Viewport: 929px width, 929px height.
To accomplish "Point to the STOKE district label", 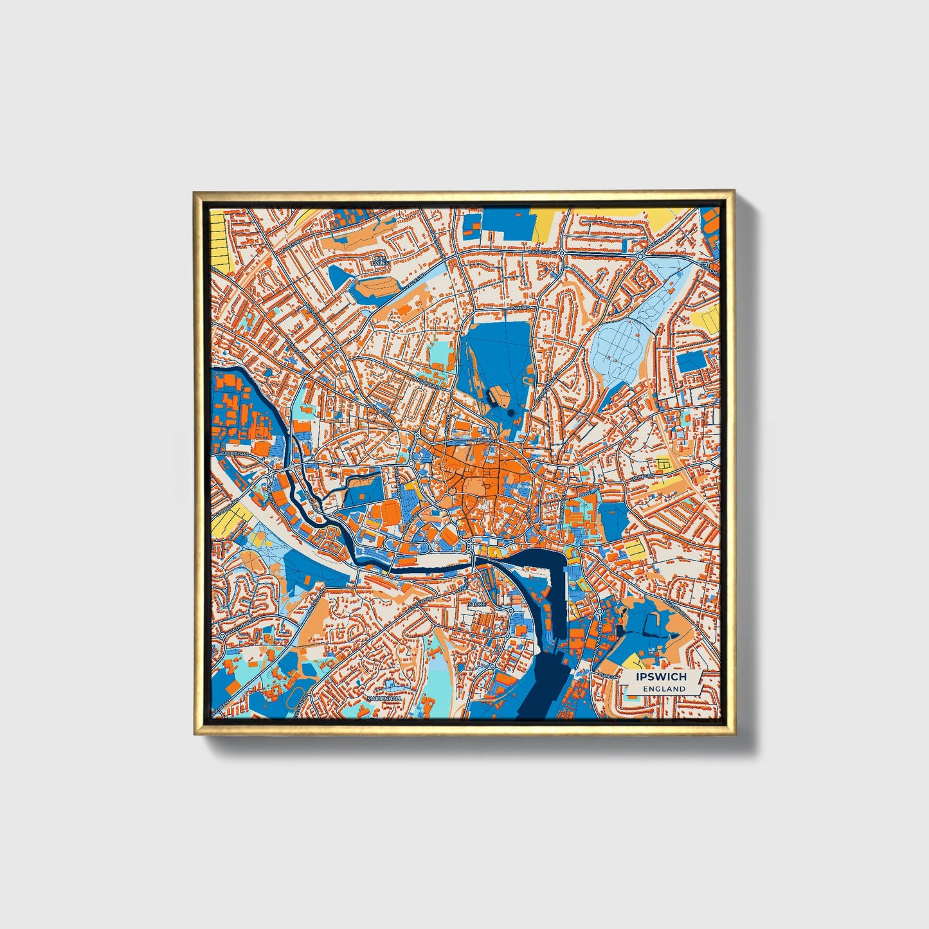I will pos(477,605).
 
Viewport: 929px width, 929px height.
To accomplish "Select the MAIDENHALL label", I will pos(384,698).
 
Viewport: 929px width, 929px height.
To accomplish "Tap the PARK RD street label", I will pos(518,309).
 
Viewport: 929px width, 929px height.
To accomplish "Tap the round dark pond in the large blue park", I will pos(510,411).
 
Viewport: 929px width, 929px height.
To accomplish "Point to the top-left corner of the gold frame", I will pos(195,192).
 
